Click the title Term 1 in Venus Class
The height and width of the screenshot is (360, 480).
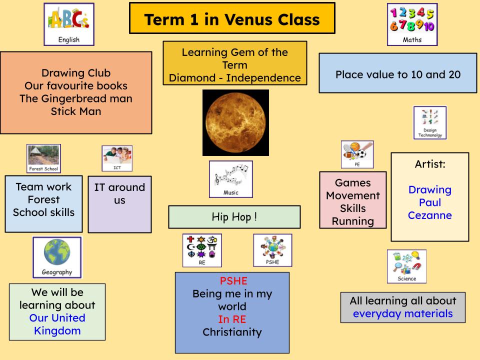232,19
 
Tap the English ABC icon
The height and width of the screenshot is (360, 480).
69,24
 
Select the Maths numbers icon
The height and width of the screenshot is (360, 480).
412,24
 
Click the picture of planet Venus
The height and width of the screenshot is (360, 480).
235,122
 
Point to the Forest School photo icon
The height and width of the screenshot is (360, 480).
44,158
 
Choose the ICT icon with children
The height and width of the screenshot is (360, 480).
117,158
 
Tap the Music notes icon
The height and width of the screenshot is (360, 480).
231,179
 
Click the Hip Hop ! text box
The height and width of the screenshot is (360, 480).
234,217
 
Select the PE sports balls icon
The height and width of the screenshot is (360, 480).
357,154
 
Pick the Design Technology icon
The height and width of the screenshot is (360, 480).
430,123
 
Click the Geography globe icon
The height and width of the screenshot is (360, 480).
57,257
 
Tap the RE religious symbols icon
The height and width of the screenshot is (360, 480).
202,250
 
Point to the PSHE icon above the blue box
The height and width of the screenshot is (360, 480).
272,250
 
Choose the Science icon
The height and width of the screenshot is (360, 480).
406,266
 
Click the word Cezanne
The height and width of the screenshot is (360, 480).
430,215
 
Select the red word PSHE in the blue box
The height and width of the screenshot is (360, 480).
233,280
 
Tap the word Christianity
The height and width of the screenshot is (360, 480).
232,332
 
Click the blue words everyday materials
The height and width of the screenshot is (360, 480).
403,314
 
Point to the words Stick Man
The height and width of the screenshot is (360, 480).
76,111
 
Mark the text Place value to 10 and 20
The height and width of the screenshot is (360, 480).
398,74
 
